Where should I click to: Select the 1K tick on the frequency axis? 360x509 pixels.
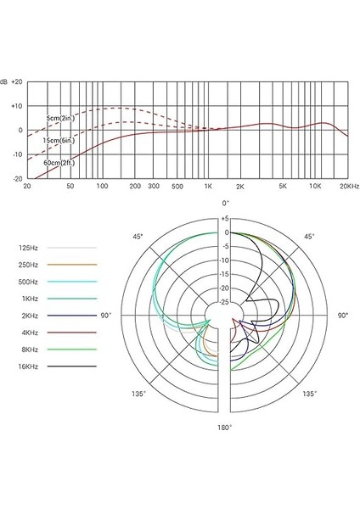pos(207,186)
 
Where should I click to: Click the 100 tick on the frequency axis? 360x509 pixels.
pos(101,186)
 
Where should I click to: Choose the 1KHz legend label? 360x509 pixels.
pos(29,298)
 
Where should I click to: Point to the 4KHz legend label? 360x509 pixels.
pos(29,332)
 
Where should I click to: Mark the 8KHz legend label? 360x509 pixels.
pos(29,349)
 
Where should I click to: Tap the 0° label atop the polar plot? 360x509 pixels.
pos(225,204)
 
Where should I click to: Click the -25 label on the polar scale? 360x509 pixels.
pos(225,302)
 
